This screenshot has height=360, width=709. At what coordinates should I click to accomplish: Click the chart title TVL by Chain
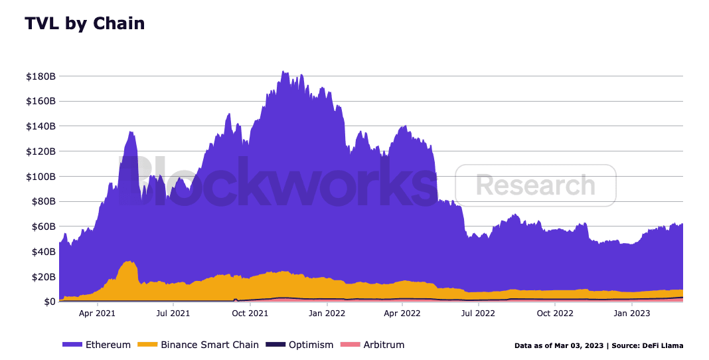click(x=84, y=24)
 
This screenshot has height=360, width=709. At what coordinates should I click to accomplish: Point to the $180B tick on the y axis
click(x=40, y=76)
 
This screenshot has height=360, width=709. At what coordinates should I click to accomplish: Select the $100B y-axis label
click(x=40, y=177)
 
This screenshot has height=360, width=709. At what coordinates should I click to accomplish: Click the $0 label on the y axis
click(x=48, y=302)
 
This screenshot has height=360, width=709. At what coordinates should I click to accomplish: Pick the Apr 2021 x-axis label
click(x=98, y=313)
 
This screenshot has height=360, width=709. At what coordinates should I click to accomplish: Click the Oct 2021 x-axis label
click(x=250, y=313)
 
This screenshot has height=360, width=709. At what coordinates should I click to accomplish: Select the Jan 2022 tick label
click(x=327, y=313)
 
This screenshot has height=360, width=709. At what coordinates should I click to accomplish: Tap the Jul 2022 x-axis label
click(x=479, y=313)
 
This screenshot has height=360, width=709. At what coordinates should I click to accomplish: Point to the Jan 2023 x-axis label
click(x=631, y=313)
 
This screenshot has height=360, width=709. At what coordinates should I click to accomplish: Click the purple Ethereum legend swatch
click(x=72, y=345)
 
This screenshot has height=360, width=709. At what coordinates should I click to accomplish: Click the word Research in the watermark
click(x=536, y=185)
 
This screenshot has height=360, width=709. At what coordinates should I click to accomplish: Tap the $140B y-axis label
click(x=40, y=126)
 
